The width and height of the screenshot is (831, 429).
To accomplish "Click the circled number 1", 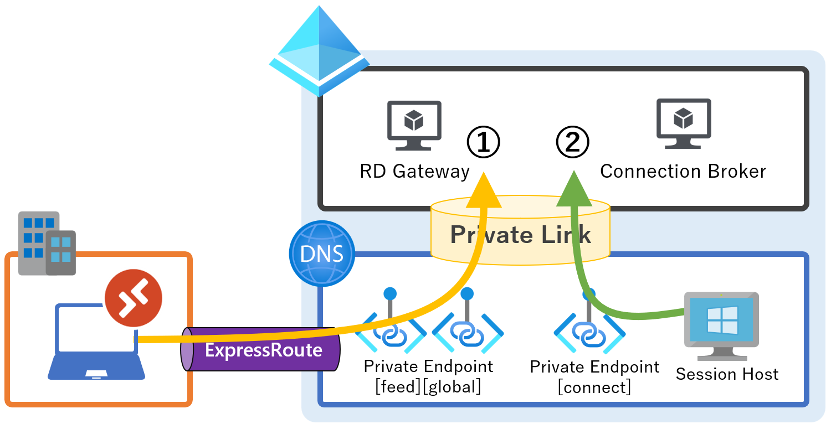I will pyautogui.click(x=483, y=142).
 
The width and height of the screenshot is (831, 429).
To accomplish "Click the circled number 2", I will pyautogui.click(x=572, y=142).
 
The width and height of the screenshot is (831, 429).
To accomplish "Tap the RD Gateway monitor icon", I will pyautogui.click(x=414, y=125).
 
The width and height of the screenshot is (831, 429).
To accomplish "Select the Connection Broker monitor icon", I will pyautogui.click(x=684, y=123).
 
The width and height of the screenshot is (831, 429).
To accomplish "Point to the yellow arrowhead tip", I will pyautogui.click(x=484, y=174).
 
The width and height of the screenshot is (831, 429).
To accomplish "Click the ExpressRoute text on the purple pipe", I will pyautogui.click(x=264, y=350).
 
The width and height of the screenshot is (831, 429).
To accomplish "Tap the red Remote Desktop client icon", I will pyautogui.click(x=134, y=298).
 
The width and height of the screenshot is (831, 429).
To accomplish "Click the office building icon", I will pyautogui.click(x=47, y=243).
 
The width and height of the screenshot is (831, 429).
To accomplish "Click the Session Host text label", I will pyautogui.click(x=727, y=374).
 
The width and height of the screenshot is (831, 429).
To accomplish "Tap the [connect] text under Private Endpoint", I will pyautogui.click(x=594, y=387).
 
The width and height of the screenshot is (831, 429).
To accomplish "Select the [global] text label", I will pyautogui.click(x=452, y=386).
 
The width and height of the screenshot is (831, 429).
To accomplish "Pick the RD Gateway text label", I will pyautogui.click(x=414, y=172).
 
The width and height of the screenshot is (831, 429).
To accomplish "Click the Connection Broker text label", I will pyautogui.click(x=683, y=172).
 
